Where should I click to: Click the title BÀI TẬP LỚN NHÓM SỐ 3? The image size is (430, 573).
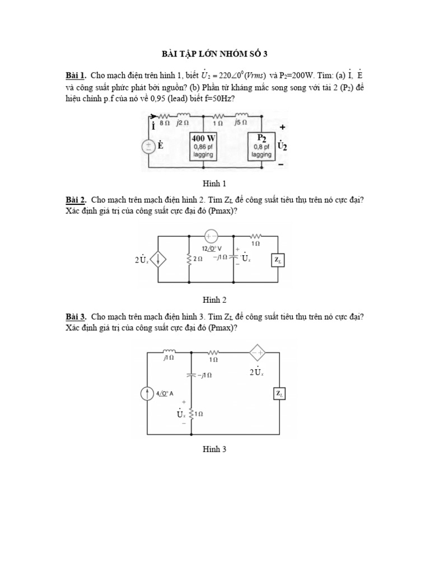(x=215, y=54)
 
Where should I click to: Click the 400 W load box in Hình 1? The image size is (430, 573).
(x=203, y=146)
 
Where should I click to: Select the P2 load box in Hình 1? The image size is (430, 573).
(x=261, y=145)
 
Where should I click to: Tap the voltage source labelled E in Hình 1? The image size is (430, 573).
(x=149, y=147)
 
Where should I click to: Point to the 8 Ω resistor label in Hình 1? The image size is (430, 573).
(x=163, y=122)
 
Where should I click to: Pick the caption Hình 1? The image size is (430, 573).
(x=215, y=183)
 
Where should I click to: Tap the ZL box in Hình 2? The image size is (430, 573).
(x=278, y=260)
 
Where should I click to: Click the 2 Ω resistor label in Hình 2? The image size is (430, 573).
(x=198, y=260)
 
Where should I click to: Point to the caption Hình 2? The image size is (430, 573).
(x=215, y=299)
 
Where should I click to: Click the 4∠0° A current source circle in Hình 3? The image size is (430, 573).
(x=148, y=394)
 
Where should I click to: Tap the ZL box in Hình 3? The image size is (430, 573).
(x=279, y=394)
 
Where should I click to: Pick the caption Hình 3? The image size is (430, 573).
(x=215, y=449)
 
